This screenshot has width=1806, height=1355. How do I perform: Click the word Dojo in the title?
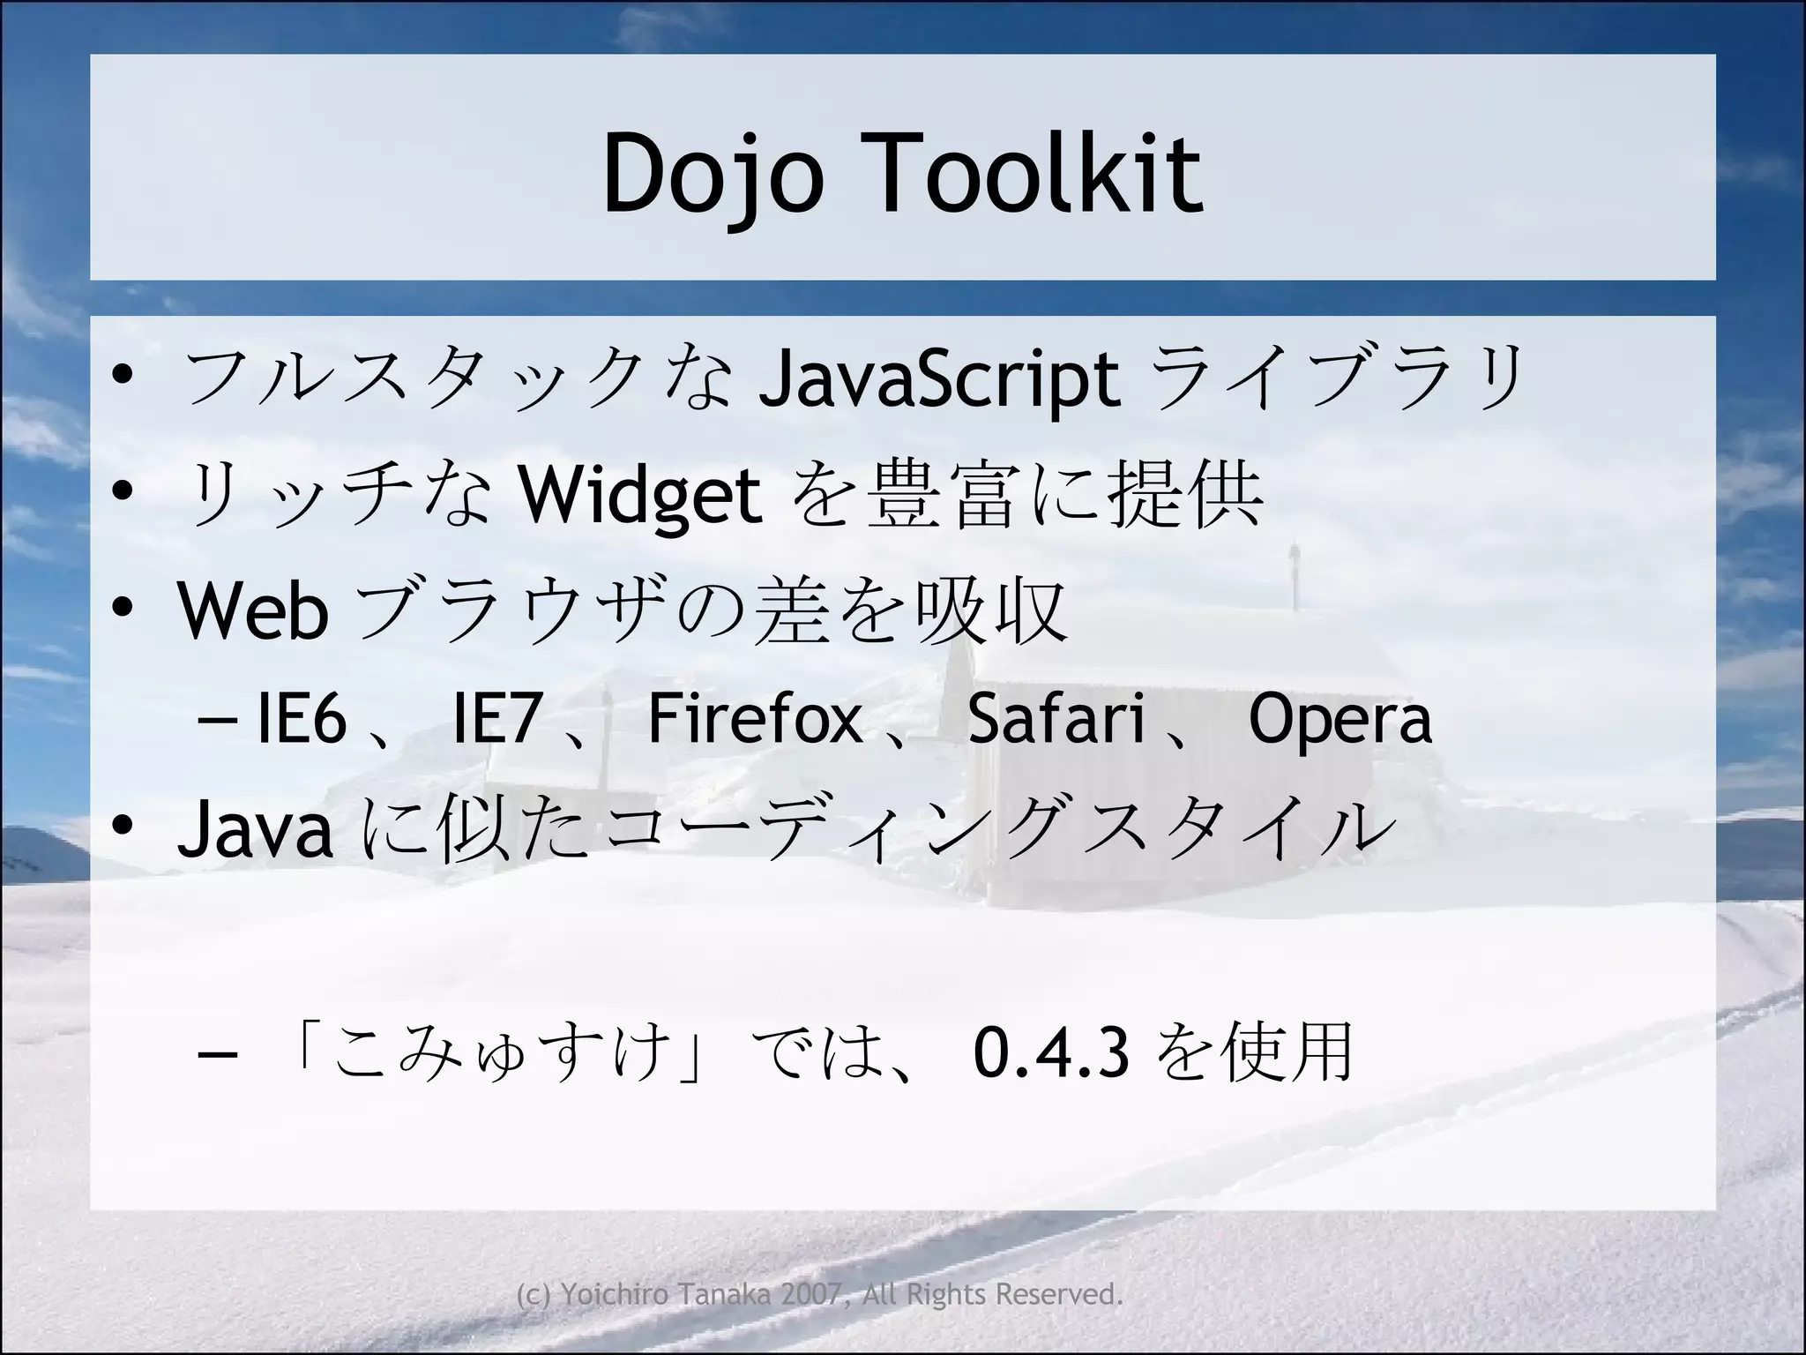tap(713, 174)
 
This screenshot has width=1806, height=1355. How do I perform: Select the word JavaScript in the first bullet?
tap(940, 379)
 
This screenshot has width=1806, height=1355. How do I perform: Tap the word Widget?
tap(639, 495)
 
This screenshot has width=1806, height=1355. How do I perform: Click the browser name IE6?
tap(302, 719)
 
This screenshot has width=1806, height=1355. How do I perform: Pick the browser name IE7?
tap(496, 719)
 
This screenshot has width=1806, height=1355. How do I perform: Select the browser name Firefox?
tap(755, 719)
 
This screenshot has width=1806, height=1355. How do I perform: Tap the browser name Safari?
tap(1056, 719)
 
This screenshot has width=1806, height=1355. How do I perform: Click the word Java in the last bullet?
tap(256, 830)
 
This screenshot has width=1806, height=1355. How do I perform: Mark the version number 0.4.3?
tap(1051, 1052)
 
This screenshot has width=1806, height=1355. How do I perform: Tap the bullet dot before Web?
tap(123, 608)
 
